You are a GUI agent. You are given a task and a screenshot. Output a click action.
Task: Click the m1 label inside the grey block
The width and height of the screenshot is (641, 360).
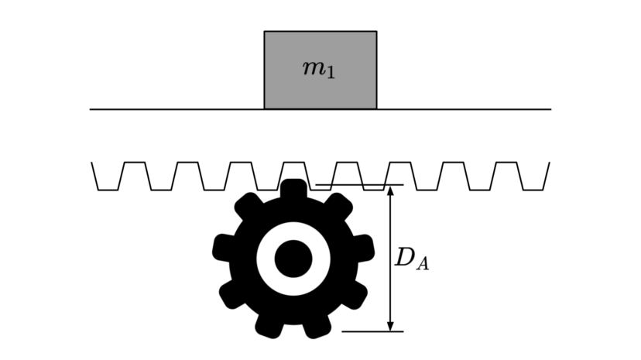tap(319, 70)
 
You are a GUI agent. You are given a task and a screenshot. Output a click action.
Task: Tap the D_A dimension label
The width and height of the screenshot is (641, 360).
tap(412, 259)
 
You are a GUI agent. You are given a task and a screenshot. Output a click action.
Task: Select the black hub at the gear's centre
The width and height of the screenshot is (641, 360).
tap(293, 259)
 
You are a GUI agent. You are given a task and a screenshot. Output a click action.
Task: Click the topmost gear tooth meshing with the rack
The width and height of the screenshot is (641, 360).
tap(293, 189)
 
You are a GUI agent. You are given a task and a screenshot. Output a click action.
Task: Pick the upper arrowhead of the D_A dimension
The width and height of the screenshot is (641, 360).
tap(390, 191)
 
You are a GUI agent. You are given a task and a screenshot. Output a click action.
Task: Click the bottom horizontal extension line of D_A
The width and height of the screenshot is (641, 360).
tap(372, 331)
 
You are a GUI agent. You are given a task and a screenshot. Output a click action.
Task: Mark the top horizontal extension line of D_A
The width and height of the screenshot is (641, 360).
tap(360, 185)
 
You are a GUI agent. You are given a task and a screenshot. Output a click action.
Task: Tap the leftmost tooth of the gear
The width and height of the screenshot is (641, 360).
tap(223, 248)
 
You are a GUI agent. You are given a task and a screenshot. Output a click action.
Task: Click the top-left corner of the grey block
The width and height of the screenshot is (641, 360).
tap(265, 31)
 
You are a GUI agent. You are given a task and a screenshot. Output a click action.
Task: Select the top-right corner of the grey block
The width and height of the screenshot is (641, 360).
tap(376, 31)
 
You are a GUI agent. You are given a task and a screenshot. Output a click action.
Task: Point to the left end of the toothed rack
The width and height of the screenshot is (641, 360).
tap(91, 163)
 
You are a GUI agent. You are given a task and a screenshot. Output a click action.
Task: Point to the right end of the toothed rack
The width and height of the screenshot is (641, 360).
tap(550, 163)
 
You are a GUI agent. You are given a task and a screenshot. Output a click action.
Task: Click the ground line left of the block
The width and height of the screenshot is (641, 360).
tap(177, 109)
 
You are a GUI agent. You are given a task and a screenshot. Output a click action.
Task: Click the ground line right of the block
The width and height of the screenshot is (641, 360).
tap(464, 109)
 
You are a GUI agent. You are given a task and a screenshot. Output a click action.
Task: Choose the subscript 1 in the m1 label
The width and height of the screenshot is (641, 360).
tap(331, 73)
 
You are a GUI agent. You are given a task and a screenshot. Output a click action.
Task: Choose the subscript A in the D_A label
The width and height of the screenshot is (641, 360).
tap(423, 264)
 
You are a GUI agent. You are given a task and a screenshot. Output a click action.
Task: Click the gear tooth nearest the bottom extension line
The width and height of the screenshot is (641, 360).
tap(317, 326)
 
